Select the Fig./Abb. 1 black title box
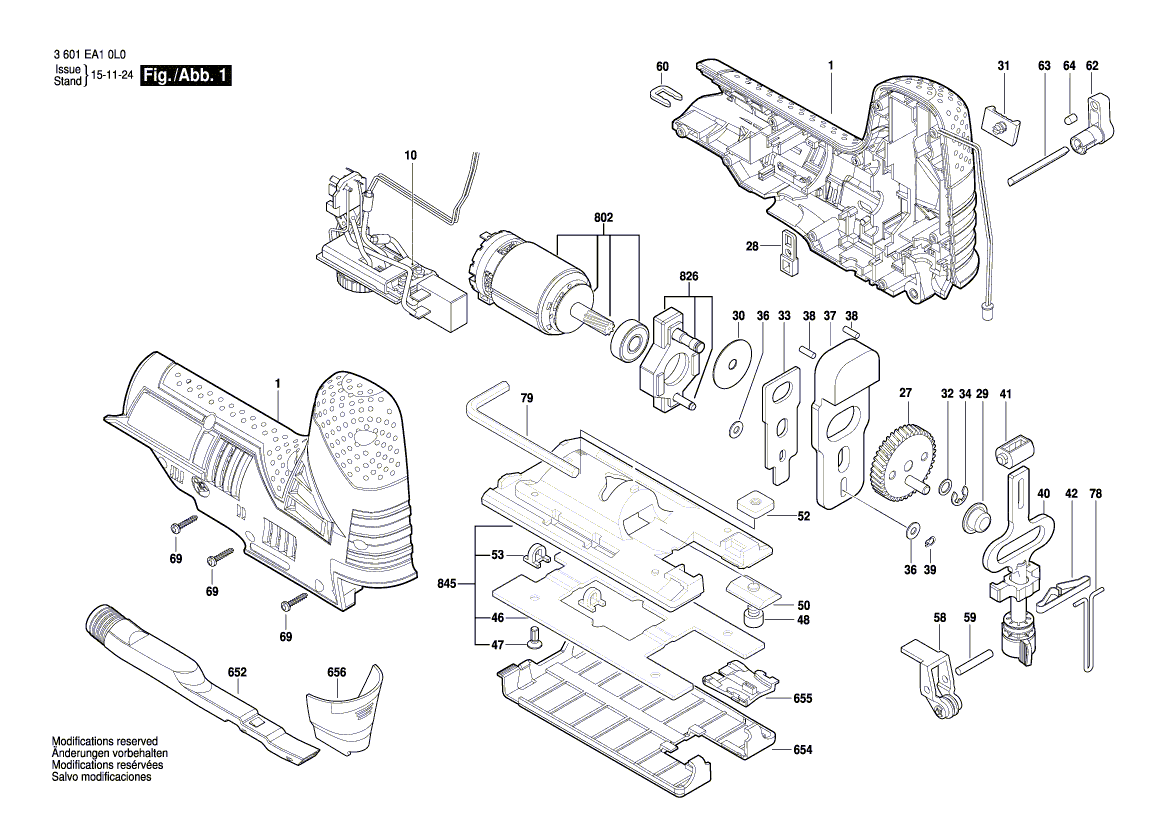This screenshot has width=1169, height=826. (x=186, y=76)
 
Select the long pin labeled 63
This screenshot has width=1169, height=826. (x=1040, y=163)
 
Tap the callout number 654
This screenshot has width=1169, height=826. (x=803, y=749)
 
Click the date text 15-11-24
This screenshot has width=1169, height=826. (x=112, y=76)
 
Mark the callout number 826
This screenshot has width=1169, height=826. (x=690, y=277)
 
